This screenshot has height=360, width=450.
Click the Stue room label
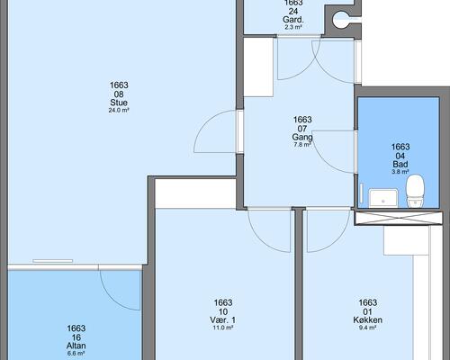coord(119,103)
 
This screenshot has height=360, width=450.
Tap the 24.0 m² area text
coord(119,110)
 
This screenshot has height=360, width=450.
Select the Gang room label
coord(302,137)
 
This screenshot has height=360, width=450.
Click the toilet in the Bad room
coord(415,191)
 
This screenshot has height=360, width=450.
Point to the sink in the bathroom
coord(383,197)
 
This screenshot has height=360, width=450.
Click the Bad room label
coord(400,165)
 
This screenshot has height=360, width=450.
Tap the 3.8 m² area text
coord(400,172)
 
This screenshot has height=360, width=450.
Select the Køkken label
coord(368,320)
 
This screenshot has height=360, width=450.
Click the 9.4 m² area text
coord(368,328)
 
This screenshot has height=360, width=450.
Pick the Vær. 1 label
coord(223,320)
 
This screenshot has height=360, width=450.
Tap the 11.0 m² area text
coord(223,328)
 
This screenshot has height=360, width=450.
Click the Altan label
coord(76,346)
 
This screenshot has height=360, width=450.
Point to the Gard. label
coord(293,20)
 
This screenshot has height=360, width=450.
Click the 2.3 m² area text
coord(293,27)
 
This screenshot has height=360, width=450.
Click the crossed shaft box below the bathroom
coord(399,218)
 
